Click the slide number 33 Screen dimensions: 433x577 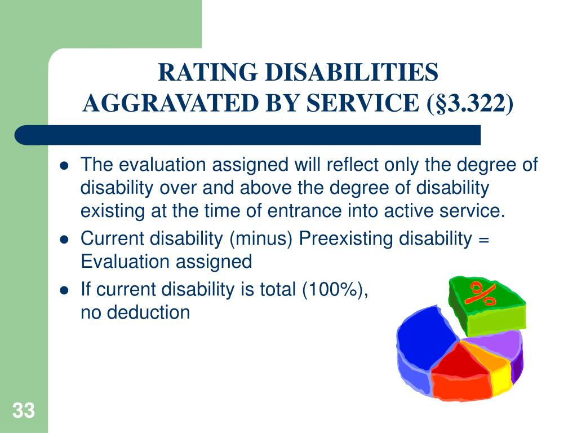click(x=24, y=411)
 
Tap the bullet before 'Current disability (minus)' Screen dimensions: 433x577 click(x=64, y=239)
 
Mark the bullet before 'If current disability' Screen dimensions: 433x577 click(x=64, y=290)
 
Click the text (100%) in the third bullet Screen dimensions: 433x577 click(x=336, y=290)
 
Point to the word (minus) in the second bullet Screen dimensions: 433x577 click(x=260, y=238)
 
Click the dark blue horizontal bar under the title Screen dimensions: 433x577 click(x=248, y=135)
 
